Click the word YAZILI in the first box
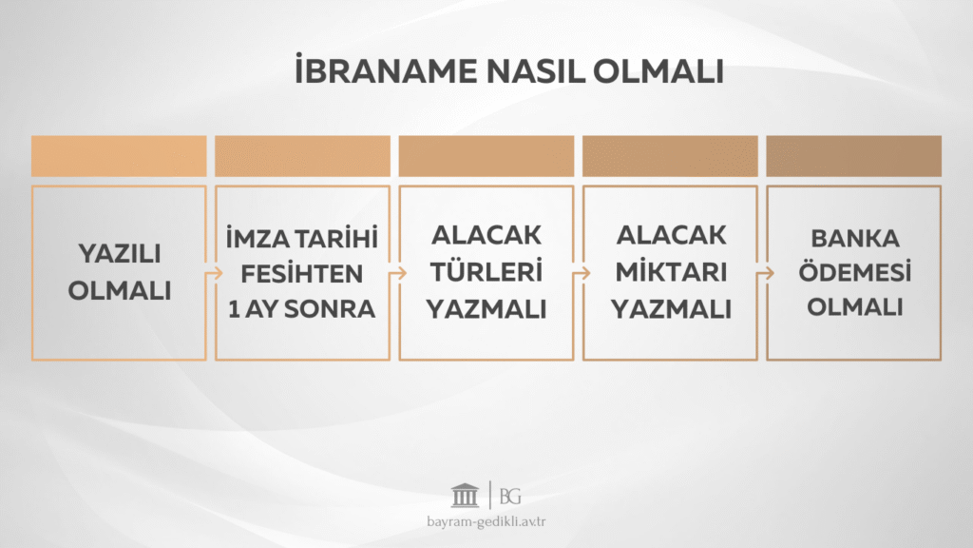click(119, 255)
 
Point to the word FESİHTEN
click(302, 274)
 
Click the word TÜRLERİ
click(486, 272)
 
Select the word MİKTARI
click(670, 272)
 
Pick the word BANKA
click(854, 238)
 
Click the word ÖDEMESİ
click(854, 273)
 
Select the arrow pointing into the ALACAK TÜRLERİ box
click(395, 273)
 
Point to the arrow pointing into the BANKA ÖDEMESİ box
click(763, 273)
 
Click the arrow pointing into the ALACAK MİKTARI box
click(579, 273)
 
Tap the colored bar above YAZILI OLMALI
click(119, 156)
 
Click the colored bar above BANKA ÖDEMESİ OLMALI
click(854, 156)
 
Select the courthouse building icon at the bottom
click(465, 496)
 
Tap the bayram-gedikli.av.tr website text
click(486, 521)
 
